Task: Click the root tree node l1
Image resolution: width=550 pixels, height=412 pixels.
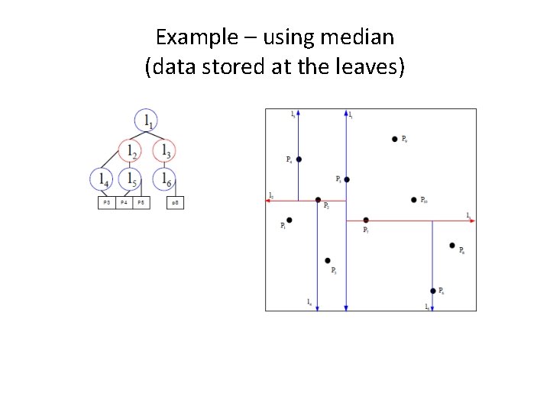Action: click(147, 121)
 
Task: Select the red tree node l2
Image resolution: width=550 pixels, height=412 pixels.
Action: click(131, 150)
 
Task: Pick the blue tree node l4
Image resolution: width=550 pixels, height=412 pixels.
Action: click(102, 179)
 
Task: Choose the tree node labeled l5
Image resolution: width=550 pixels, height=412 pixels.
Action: click(131, 179)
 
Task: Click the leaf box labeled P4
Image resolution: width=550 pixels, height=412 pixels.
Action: click(123, 203)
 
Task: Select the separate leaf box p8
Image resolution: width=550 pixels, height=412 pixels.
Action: click(174, 203)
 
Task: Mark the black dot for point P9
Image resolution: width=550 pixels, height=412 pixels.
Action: click(394, 139)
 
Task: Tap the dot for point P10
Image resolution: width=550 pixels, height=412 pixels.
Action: click(413, 200)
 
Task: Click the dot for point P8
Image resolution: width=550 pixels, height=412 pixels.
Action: click(452, 246)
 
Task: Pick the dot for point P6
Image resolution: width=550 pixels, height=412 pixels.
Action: click(432, 291)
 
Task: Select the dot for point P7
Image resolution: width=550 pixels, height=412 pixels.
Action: click(366, 220)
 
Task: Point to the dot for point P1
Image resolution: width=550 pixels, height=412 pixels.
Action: click(289, 220)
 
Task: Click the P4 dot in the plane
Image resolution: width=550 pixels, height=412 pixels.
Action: click(299, 159)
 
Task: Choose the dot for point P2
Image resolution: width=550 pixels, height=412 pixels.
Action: click(318, 200)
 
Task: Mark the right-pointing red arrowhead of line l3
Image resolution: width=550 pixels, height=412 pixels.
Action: click(473, 220)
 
